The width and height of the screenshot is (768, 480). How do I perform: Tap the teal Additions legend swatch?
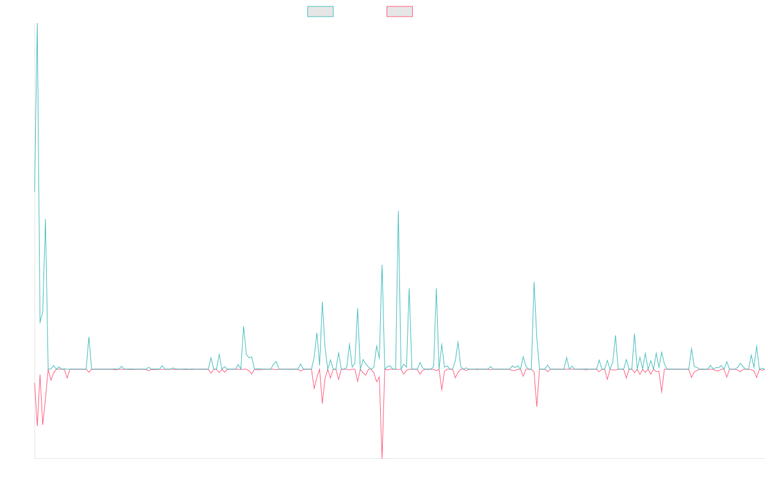tap(321, 12)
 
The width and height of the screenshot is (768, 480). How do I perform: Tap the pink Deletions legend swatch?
tap(400, 12)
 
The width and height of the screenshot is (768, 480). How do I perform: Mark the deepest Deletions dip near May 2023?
tap(382, 457)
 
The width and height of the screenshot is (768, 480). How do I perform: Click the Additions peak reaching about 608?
tap(398, 212)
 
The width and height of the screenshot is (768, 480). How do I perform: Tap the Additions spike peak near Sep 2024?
tap(534, 282)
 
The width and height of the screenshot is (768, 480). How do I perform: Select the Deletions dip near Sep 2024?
tap(536, 406)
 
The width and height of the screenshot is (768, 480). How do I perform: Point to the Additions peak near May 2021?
tap(89, 337)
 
